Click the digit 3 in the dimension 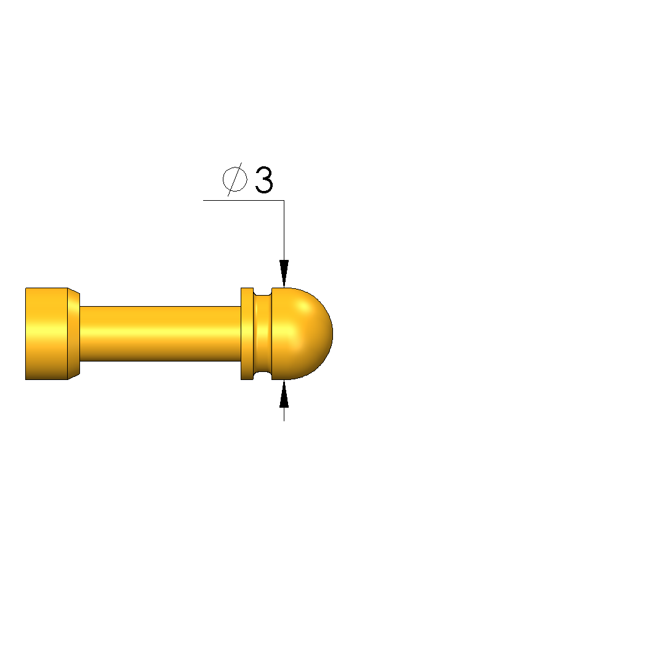click(x=264, y=180)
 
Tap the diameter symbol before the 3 click(x=235, y=179)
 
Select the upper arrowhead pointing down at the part click(x=284, y=273)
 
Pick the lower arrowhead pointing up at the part click(x=284, y=394)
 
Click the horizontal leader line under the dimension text click(x=244, y=200)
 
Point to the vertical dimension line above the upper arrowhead click(x=284, y=230)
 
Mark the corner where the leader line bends click(x=284, y=200)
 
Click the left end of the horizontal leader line click(x=204, y=200)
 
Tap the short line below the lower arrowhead click(x=284, y=414)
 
